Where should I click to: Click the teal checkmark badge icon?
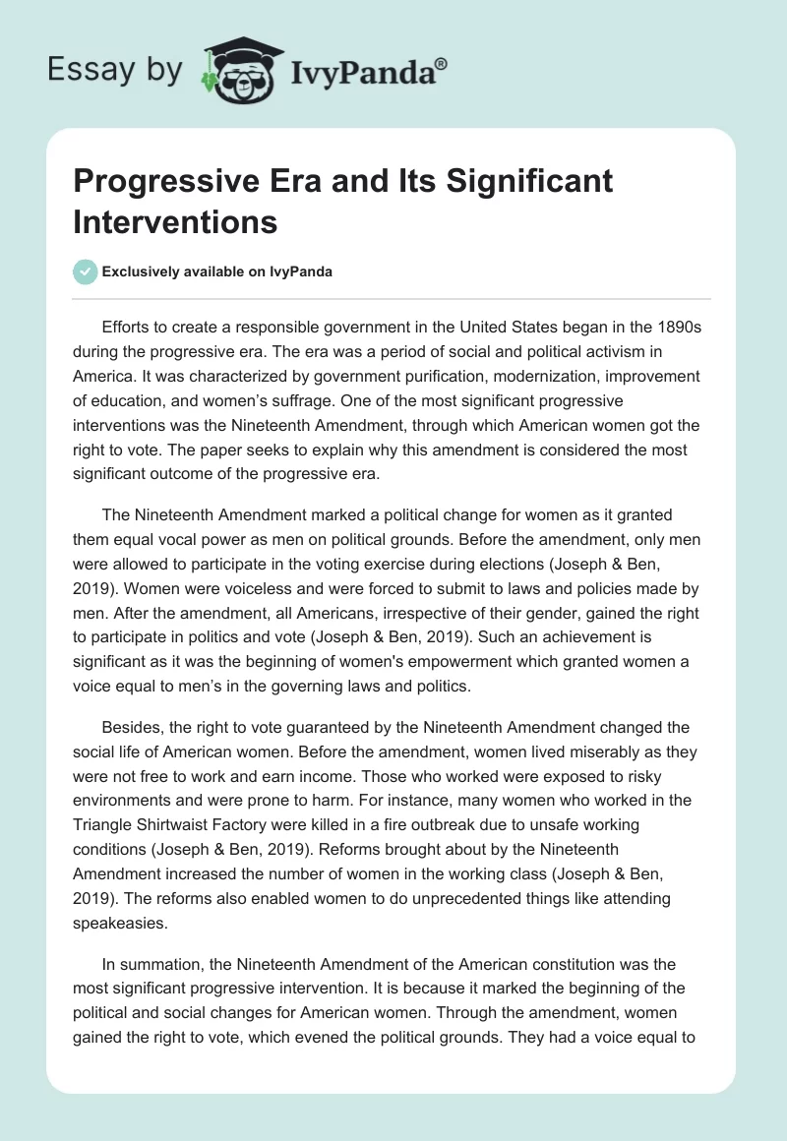pyautogui.click(x=86, y=271)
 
